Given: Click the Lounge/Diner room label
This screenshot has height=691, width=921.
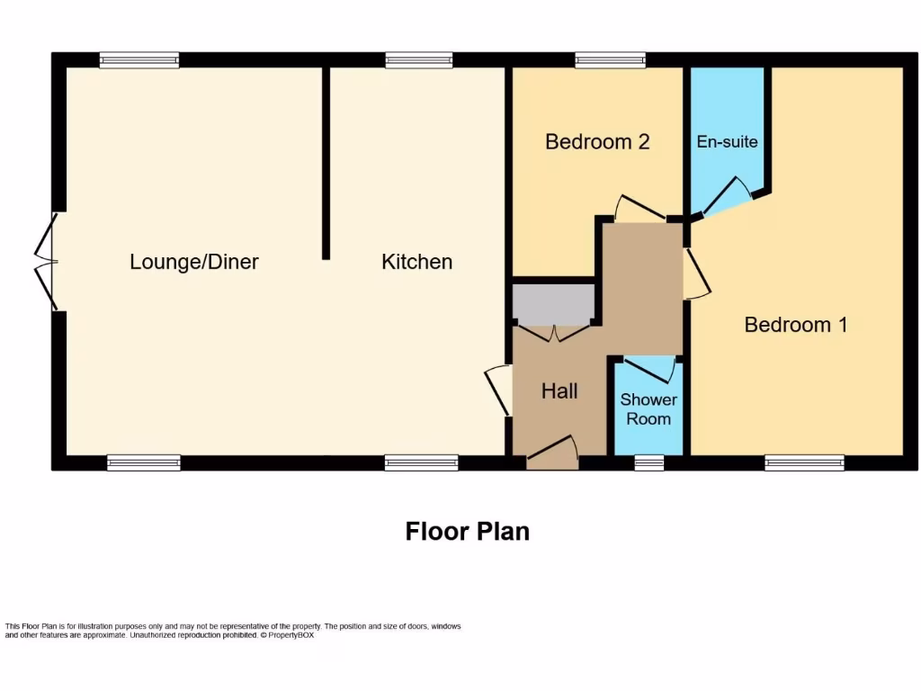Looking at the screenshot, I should (194, 262).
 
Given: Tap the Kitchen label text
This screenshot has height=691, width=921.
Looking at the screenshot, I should (416, 262).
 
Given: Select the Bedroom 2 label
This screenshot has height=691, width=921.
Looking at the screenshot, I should (597, 141).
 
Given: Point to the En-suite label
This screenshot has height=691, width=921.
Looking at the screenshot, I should (727, 141).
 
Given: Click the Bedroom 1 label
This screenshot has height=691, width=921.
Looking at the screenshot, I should (795, 325).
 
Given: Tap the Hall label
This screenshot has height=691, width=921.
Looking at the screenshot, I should (559, 391).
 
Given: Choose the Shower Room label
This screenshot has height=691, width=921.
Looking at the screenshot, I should (648, 408).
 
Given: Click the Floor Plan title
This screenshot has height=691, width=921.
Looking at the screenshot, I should (467, 531).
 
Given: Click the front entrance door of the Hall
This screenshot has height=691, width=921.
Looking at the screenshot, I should (552, 453).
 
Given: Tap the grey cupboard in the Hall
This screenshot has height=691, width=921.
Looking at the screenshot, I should (553, 303).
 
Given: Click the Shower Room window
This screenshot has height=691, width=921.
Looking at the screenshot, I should (648, 462).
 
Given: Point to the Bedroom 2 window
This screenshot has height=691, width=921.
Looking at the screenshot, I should (610, 60).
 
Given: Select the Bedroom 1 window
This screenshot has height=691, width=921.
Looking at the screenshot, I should (804, 462).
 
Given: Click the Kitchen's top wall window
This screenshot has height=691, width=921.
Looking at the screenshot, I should (418, 60).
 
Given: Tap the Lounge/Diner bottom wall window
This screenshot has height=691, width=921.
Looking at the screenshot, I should (143, 462).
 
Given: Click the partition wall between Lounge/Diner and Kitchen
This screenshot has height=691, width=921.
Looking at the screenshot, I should (326, 162).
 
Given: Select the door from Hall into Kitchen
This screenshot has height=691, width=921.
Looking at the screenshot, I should (496, 390).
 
